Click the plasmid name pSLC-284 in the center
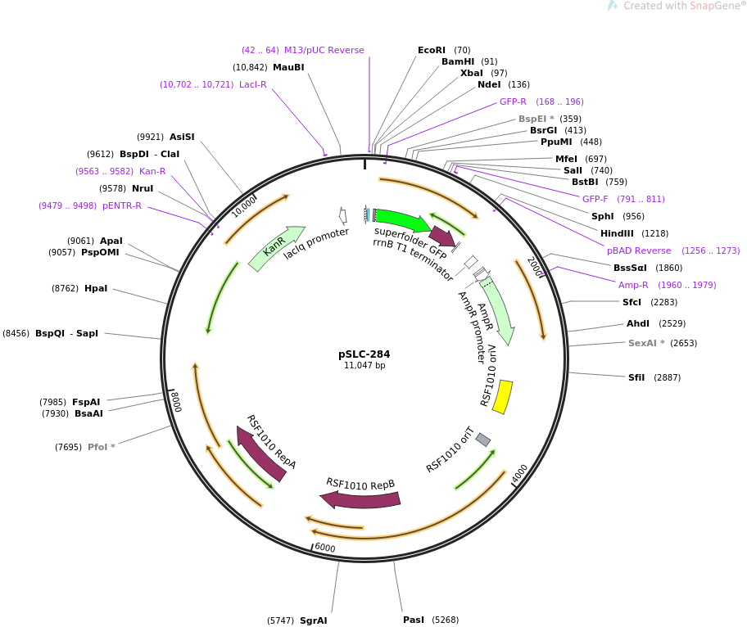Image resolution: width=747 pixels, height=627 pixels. coord(364,354)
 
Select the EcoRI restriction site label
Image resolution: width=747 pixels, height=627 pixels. coord(432,50)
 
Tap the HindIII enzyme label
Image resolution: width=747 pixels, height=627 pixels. coord(617,233)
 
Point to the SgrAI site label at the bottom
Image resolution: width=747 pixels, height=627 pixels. coord(313,620)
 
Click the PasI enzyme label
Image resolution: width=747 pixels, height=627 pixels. coord(414,620)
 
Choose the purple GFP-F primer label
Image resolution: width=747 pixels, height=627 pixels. coord(595,199)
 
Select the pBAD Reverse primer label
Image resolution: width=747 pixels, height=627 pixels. coord(639,250)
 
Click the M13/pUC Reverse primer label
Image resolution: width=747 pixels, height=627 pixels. coord(324,50)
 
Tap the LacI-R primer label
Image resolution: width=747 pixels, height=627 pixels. coord(252,84)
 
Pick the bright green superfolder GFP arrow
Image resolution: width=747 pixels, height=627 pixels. coord(401,219)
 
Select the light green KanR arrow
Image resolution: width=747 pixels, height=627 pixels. coord(276,248)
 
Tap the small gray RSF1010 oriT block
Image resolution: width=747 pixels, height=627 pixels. coord(483,440)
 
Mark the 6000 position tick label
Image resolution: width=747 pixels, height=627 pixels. coord(325,548)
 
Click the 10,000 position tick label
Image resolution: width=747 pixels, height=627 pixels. coord(243,207)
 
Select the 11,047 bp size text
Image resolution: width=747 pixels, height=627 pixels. coord(364,366)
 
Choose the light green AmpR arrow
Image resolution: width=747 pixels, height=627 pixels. coord(498,309)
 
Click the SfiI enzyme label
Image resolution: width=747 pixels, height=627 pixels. coord(636,377)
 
